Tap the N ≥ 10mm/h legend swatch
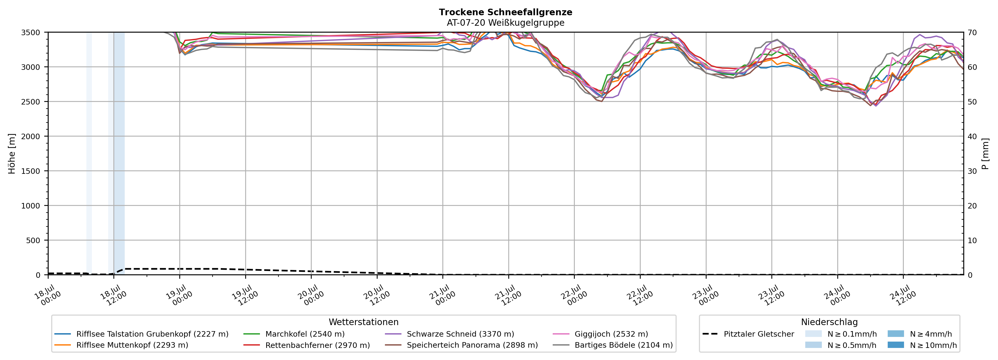click(895, 345)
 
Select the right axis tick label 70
click(973, 33)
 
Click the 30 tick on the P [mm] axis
click(973, 171)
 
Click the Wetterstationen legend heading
click(363, 322)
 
